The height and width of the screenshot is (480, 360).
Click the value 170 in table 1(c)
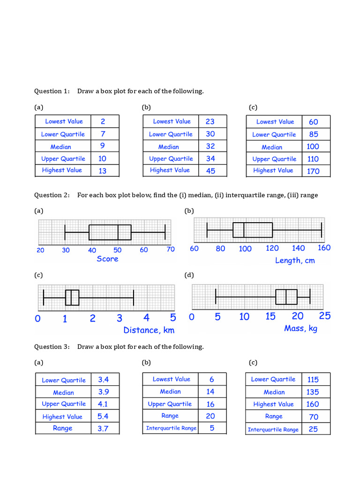pos(313,171)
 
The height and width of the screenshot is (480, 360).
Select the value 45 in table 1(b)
pos(210,171)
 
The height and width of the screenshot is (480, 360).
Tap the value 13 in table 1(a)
pos(102,171)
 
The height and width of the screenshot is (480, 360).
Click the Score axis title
pos(107,259)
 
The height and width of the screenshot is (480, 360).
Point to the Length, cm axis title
pos(295,260)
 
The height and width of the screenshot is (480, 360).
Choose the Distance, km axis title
pos(149,330)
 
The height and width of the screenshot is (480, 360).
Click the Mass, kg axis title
pos(300,328)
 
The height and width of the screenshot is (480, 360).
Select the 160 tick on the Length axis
pos(324,248)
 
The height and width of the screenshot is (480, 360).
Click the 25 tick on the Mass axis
pos(324,316)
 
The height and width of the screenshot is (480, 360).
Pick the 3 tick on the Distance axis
pos(120,319)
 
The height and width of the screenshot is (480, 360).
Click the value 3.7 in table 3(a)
pos(103,428)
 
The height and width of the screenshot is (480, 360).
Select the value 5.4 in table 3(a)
pos(103,416)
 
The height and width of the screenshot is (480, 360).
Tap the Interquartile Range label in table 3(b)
pos(171,428)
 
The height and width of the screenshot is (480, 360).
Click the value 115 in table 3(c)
pos(313,379)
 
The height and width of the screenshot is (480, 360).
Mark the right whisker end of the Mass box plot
pos(310,297)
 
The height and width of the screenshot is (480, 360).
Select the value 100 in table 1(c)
pos(313,147)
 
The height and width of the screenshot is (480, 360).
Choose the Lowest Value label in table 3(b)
pos(171,379)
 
